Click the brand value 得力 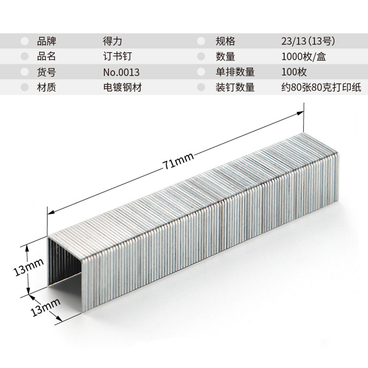113,41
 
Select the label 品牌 46,41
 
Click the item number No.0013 121,72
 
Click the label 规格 225,41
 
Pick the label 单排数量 235,72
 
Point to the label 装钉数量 235,87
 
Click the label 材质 46,87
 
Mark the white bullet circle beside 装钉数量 201,87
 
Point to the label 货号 46,72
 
